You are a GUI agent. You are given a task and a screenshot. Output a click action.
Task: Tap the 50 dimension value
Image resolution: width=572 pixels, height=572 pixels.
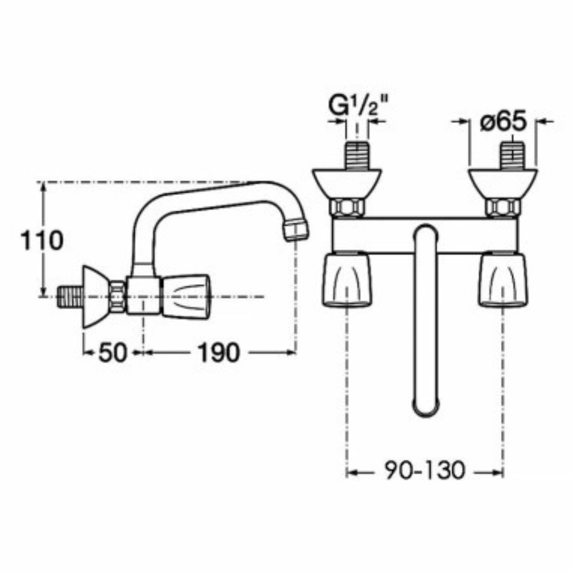(x=112, y=353)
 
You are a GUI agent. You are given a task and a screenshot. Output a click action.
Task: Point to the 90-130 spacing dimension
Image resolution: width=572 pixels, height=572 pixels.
(x=425, y=470)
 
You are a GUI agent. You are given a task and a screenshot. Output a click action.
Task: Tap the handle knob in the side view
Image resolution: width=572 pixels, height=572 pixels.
(x=185, y=294)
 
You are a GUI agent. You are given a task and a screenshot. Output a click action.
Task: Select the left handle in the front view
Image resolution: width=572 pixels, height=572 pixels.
(x=347, y=279)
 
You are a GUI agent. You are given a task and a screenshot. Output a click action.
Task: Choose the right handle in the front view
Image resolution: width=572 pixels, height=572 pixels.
(x=503, y=279)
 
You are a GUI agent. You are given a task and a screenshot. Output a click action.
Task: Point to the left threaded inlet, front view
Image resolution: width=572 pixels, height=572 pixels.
(x=357, y=155)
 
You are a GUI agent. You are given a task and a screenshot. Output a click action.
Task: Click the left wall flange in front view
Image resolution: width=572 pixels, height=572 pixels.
(x=347, y=183)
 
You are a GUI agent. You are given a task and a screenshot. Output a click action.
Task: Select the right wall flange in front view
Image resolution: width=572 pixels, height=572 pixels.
(x=502, y=183)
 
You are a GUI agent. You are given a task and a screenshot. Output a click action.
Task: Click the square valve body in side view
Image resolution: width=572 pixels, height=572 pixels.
(x=143, y=295)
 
